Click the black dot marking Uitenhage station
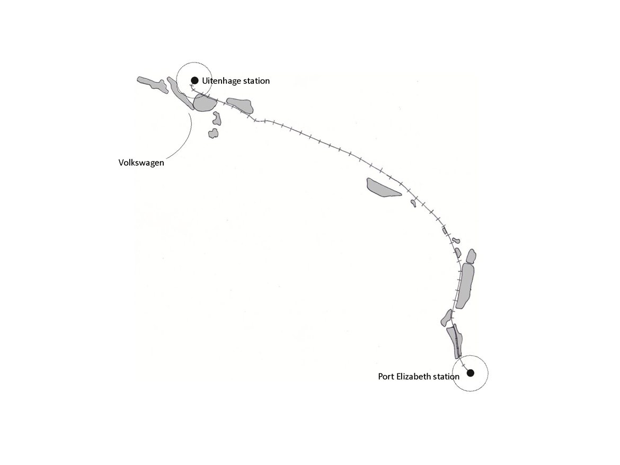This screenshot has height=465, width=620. [x=194, y=81]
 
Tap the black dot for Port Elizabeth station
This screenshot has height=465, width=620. [x=471, y=373]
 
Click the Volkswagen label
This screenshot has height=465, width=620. [x=141, y=163]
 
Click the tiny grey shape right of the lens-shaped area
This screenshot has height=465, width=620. [x=413, y=203]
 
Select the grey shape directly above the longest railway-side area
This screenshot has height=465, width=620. [x=471, y=256]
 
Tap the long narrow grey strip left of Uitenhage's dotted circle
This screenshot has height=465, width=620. [x=180, y=93]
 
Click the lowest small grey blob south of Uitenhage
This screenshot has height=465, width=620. [x=214, y=133]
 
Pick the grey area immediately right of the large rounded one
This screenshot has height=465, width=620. [x=240, y=105]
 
